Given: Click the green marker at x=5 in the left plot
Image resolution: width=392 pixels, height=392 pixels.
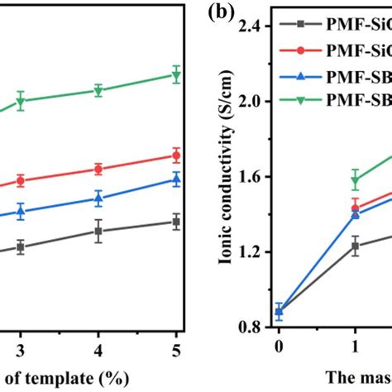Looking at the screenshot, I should pyautogui.click(x=175, y=75).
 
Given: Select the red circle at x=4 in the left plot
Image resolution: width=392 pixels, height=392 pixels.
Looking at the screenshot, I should pyautogui.click(x=98, y=169).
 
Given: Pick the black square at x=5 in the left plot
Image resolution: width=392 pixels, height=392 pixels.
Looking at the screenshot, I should pyautogui.click(x=175, y=222).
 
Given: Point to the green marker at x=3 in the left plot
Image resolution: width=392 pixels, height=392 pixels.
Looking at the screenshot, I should pyautogui.click(x=21, y=101).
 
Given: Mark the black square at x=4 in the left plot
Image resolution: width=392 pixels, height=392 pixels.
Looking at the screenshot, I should pyautogui.click(x=98, y=232).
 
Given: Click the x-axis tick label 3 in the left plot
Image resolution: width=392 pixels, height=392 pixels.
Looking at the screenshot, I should pyautogui.click(x=21, y=348).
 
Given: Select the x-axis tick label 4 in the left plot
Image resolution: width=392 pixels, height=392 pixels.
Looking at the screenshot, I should pyautogui.click(x=98, y=348).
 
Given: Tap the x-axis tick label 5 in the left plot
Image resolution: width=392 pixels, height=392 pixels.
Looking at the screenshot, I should pyautogui.click(x=175, y=348).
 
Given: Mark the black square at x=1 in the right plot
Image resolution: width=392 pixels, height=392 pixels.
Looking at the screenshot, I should pyautogui.click(x=356, y=246).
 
